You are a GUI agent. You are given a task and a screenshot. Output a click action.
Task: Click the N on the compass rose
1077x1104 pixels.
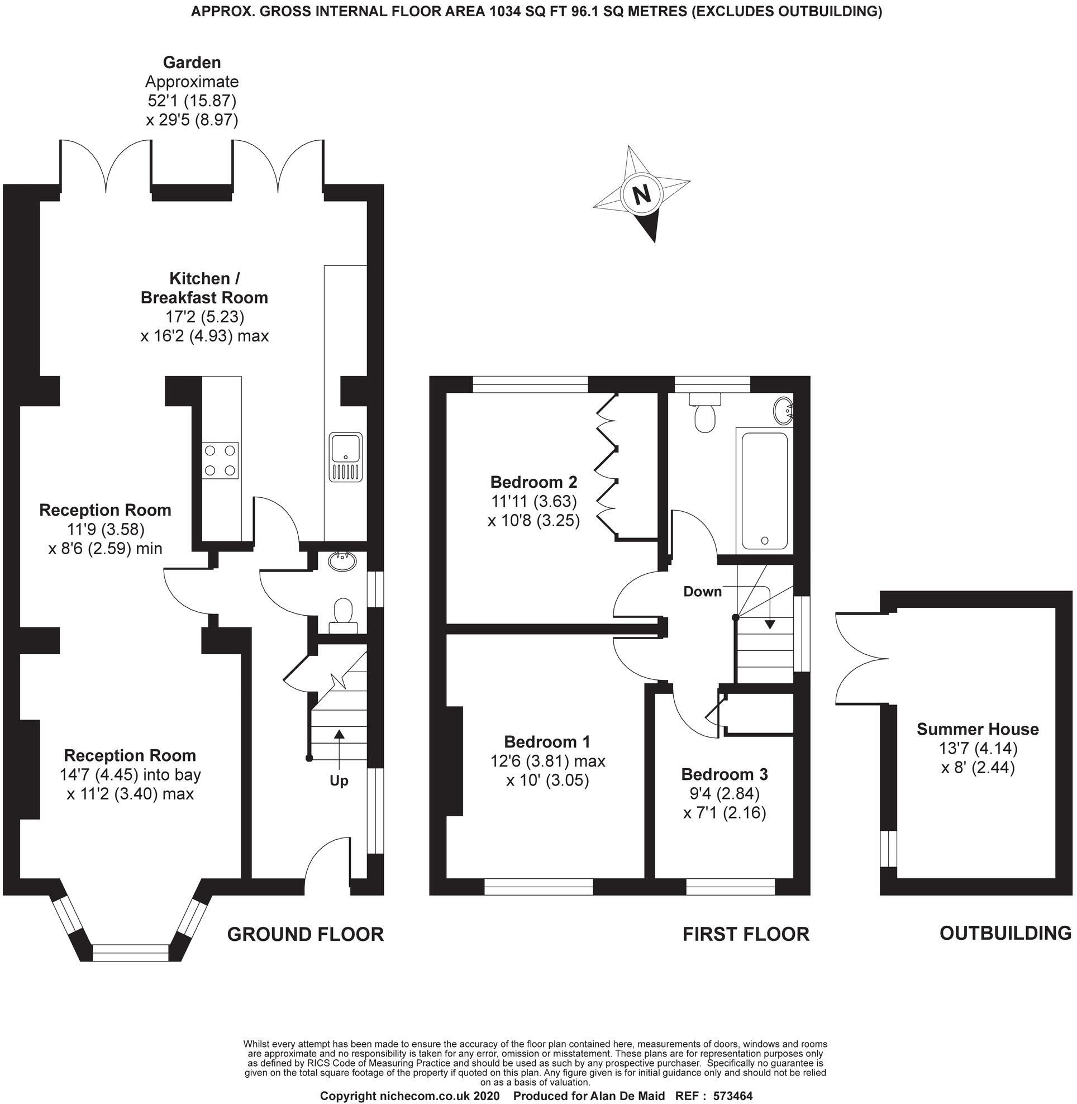[641, 194]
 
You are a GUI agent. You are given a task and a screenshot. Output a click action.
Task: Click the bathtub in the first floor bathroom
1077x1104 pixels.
[764, 491]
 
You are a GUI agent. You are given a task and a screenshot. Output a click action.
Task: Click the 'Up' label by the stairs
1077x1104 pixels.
[339, 781]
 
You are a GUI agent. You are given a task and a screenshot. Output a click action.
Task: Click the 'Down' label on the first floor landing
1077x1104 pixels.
[702, 592]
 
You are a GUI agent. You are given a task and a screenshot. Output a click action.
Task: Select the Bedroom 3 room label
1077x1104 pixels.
[724, 774]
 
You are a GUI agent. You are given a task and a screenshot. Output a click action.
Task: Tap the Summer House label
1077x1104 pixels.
[978, 729]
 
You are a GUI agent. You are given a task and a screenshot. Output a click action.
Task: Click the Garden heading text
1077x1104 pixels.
[192, 62]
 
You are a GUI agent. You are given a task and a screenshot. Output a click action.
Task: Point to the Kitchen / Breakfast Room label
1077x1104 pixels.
[204, 288]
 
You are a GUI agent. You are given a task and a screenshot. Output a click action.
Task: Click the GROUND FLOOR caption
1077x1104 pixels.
[306, 934]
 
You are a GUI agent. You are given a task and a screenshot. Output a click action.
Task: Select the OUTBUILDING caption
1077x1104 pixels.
[1005, 932]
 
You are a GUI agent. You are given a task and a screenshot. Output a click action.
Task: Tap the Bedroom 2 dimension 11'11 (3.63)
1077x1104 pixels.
[533, 501]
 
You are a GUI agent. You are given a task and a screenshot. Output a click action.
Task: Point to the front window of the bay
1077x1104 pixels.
[131, 953]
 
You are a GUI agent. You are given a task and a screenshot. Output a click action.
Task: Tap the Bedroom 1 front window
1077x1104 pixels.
[538, 886]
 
